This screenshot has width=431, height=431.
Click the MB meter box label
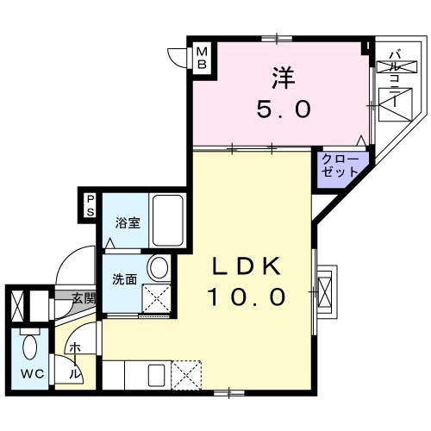click(x=202, y=59)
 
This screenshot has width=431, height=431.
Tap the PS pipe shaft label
click(x=91, y=206)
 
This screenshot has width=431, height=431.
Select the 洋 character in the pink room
click(x=284, y=78)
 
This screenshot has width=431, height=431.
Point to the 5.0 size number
click(x=284, y=109)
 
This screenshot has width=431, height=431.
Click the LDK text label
click(x=246, y=265)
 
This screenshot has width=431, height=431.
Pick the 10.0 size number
click(x=247, y=297)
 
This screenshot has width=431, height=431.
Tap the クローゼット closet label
click(x=340, y=166)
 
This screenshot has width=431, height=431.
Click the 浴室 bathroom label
click(x=128, y=223)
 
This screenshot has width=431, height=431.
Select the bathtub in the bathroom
click(x=168, y=221)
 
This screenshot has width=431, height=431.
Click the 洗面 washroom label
click(x=125, y=279)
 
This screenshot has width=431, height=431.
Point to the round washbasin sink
click(x=158, y=268)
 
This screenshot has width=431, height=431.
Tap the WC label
click(x=32, y=374)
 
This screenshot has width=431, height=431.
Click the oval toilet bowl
click(x=30, y=347)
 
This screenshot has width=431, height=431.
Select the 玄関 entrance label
click(x=84, y=299)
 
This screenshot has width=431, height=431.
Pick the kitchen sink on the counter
click(x=157, y=375)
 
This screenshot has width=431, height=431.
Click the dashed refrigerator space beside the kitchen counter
click(x=186, y=375)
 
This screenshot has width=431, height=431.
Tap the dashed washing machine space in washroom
click(x=157, y=298)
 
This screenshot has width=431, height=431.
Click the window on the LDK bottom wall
click(x=229, y=393)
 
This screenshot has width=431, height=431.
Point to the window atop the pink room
click(x=277, y=38)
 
